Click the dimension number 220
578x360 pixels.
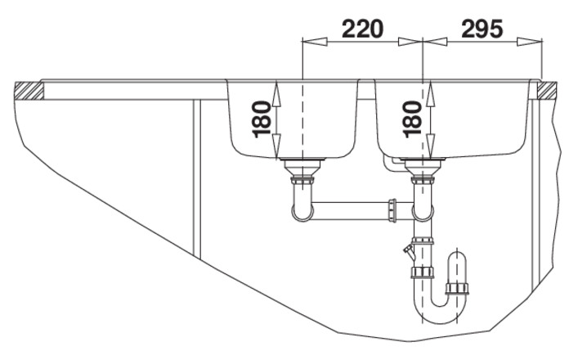pyautogui.click(x=363, y=29)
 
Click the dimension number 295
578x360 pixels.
pyautogui.click(x=482, y=29)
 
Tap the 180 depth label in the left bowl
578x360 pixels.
pyautogui.click(x=262, y=119)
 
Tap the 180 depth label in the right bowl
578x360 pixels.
pyautogui.click(x=413, y=119)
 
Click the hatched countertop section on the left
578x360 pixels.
pyautogui.click(x=29, y=91)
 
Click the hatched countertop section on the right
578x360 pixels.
pyautogui.click(x=547, y=91)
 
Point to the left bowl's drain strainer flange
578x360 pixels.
pyautogui.click(x=302, y=160)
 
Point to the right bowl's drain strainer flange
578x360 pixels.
pyautogui.click(x=423, y=160)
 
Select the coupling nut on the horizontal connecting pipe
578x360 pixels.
pyautogui.click(x=392, y=210)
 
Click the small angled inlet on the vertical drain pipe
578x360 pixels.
pyautogui.click(x=409, y=251)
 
